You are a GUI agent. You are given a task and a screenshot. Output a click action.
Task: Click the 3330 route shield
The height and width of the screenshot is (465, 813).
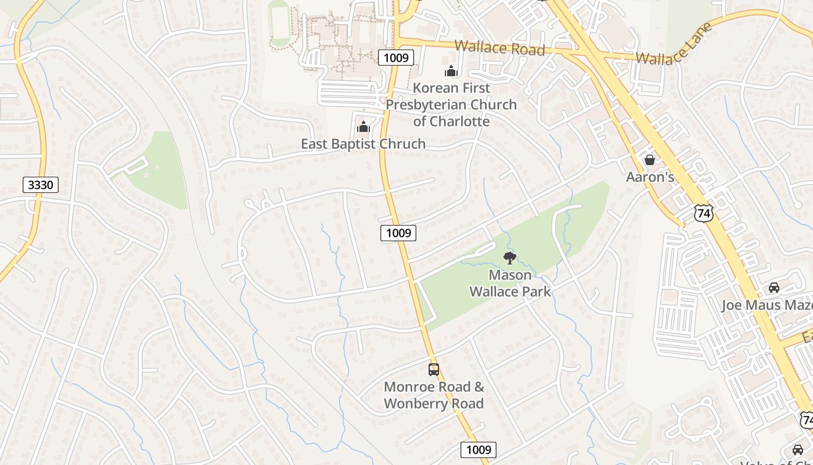[x=41, y=185]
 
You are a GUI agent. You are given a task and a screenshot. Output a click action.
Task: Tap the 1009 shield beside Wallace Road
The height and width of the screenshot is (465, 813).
[x=396, y=57]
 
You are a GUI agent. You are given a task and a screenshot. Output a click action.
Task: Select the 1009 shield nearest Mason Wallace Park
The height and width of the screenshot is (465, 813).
[x=398, y=233]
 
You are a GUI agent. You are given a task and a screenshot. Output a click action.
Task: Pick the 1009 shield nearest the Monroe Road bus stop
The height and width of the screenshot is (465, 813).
[x=479, y=449]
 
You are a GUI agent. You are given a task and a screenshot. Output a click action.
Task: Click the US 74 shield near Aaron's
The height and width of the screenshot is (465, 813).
[x=703, y=213]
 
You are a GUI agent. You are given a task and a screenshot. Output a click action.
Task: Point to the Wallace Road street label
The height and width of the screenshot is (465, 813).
[x=499, y=48]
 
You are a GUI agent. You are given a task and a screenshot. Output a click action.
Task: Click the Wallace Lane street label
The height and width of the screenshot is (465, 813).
[x=674, y=44]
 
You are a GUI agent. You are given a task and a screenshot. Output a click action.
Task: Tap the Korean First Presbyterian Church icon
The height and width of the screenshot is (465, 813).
[x=451, y=71]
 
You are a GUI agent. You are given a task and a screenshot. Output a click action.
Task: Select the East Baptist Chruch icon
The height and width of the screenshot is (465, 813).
[x=364, y=127]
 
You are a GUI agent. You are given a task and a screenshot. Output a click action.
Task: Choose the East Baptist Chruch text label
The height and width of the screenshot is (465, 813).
[x=363, y=144]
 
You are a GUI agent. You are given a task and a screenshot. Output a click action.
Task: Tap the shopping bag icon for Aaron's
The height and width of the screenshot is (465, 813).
[x=650, y=159]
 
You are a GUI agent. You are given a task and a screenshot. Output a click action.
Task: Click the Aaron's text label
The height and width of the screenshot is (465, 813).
[x=650, y=177]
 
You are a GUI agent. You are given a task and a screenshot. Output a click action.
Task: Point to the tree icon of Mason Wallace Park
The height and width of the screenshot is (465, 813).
[x=510, y=257]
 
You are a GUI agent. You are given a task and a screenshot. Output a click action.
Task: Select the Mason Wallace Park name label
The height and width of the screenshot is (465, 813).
[x=510, y=282]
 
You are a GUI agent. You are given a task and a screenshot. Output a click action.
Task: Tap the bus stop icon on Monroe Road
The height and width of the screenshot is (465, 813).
[x=434, y=369]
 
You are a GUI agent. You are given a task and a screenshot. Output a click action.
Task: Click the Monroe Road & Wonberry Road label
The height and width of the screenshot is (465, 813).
[x=434, y=395]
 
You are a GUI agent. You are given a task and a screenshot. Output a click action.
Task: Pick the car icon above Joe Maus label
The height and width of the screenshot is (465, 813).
[x=774, y=287]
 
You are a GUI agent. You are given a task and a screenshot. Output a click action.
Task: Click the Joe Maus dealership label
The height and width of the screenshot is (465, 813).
[x=767, y=305]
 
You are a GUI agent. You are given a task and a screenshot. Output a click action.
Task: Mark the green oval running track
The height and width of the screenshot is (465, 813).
[x=280, y=23]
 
